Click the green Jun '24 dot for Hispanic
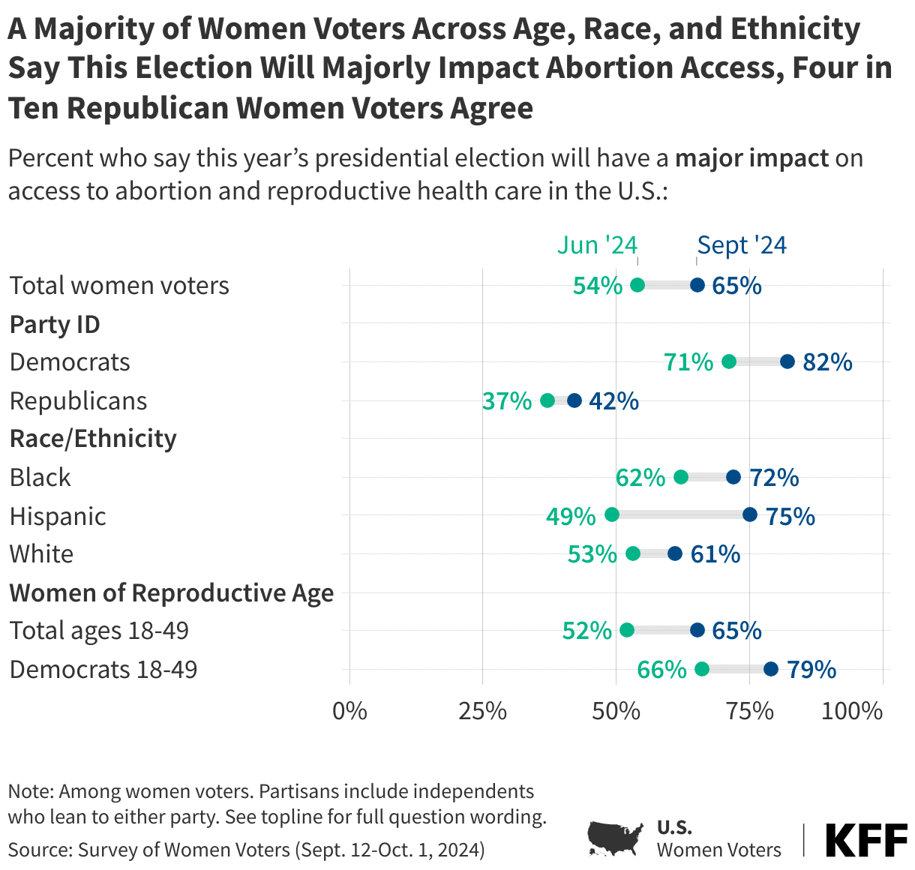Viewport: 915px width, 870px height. click(612, 514)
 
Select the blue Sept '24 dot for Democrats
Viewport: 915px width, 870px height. click(787, 361)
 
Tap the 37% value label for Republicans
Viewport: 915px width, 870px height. click(507, 401)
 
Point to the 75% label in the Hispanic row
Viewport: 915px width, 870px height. click(790, 516)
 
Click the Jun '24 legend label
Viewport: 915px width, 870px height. click(597, 245)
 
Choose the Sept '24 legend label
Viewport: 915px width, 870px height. click(742, 245)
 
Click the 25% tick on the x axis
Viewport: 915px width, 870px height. click(482, 710)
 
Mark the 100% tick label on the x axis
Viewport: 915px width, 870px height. click(852, 710)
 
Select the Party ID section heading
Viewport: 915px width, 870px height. click(55, 325)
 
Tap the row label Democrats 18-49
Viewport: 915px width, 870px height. click(103, 669)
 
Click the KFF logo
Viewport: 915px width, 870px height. click(866, 840)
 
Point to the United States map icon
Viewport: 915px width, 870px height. click(615, 838)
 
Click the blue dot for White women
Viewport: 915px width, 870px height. click(675, 553)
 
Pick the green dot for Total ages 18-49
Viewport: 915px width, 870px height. click(627, 630)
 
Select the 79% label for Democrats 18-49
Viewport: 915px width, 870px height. click(811, 669)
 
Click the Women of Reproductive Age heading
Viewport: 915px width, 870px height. click(172, 592)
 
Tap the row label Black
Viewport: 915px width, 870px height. click(40, 478)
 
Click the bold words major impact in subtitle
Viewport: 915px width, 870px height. click(751, 159)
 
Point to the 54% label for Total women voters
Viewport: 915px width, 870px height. click(598, 286)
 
